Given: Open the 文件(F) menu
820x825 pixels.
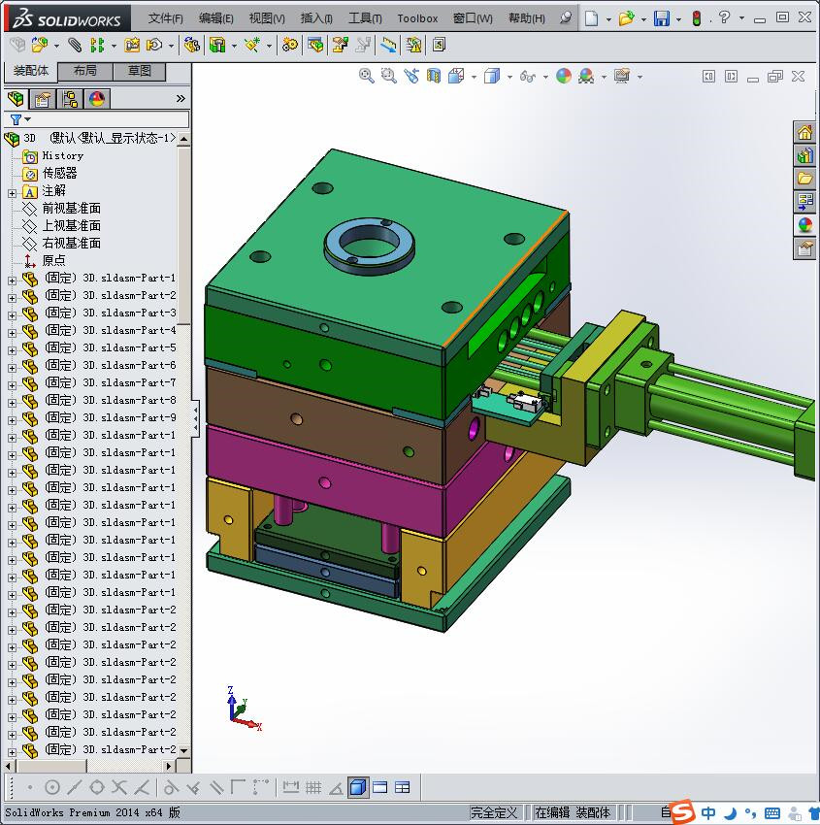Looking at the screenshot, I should pyautogui.click(x=165, y=18).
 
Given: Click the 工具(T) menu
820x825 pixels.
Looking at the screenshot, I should pyautogui.click(x=365, y=18).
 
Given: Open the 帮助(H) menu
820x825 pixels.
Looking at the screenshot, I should pyautogui.click(x=526, y=18).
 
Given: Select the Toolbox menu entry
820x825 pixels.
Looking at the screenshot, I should pyautogui.click(x=417, y=18).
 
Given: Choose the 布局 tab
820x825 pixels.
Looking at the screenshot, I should pyautogui.click(x=85, y=71).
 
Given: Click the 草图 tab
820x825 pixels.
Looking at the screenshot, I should pyautogui.click(x=140, y=71).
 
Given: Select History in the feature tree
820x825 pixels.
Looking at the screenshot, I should pyautogui.click(x=62, y=155).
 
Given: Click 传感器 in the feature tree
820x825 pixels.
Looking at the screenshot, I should pyautogui.click(x=59, y=173).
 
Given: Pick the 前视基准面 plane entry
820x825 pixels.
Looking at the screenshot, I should pyautogui.click(x=71, y=208).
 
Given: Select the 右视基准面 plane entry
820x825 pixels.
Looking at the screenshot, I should pyautogui.click(x=71, y=243).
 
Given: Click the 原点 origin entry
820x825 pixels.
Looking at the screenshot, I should pyautogui.click(x=53, y=260).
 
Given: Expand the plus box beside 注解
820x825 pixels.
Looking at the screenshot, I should pyautogui.click(x=12, y=191).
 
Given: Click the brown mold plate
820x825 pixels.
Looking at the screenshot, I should pyautogui.click(x=330, y=408).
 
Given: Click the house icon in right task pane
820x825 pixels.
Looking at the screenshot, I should pyautogui.click(x=804, y=133).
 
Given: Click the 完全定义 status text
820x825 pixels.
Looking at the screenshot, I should pyautogui.click(x=494, y=812).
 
